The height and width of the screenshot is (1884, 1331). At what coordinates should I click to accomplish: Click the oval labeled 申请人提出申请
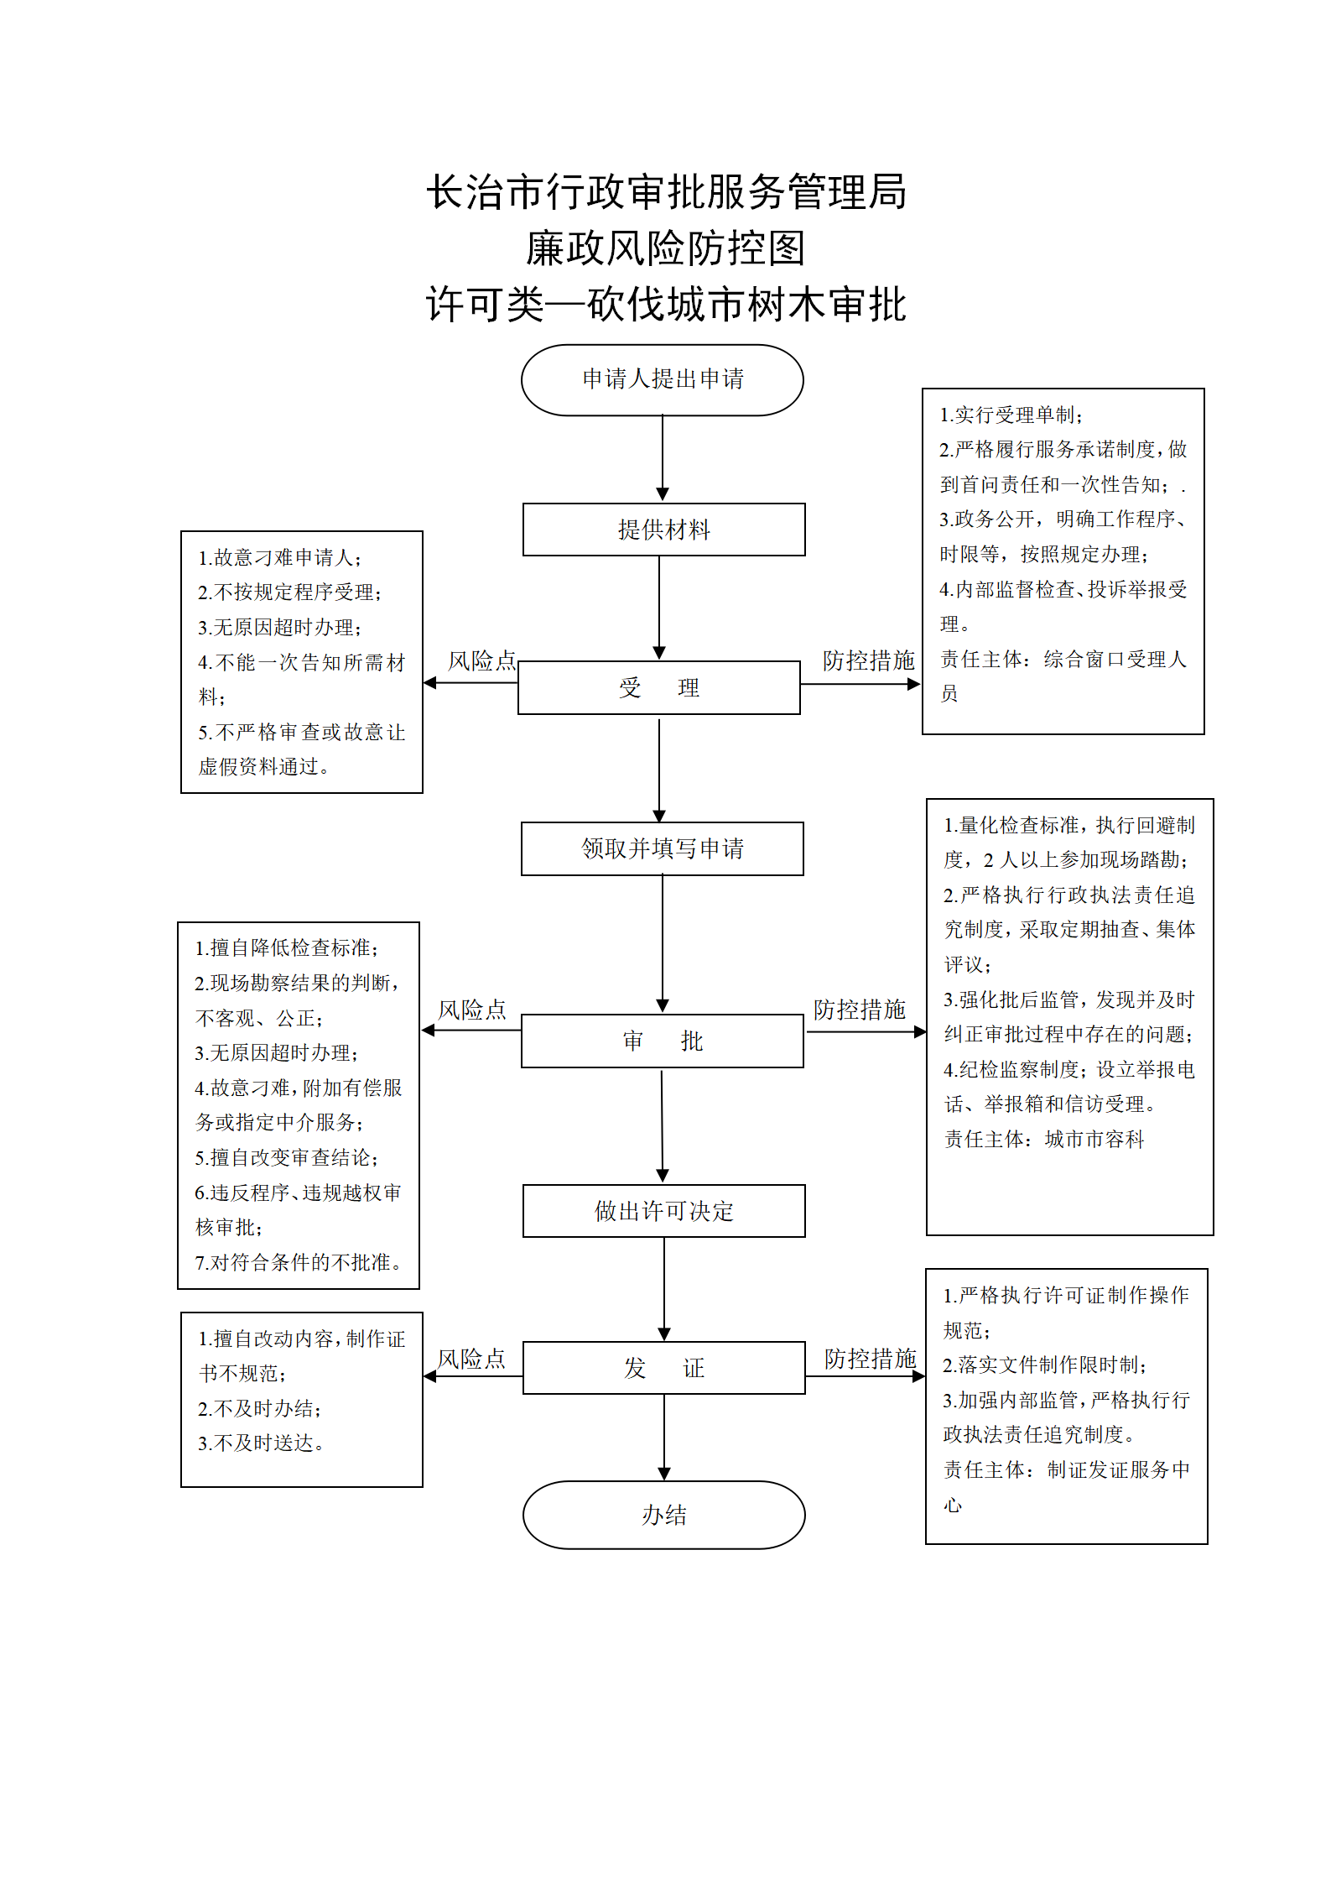coord(663,380)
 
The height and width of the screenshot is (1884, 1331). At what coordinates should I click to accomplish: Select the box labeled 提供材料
coord(664,530)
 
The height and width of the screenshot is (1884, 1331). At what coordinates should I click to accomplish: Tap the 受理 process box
coord(659,687)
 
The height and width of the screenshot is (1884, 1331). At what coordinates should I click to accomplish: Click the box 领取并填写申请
coord(663,848)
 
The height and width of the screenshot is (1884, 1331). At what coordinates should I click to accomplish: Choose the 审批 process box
coord(663,1041)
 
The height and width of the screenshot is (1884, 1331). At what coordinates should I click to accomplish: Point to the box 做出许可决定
coord(664,1211)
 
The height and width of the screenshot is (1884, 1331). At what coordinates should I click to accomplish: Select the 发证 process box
coord(664,1368)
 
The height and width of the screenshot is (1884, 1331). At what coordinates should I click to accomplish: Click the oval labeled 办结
coord(664,1515)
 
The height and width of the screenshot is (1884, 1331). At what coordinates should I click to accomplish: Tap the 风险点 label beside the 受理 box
coord(481,661)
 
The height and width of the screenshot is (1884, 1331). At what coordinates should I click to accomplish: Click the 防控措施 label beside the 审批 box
coord(860,1010)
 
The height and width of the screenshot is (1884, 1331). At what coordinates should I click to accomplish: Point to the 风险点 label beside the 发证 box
coord(471,1359)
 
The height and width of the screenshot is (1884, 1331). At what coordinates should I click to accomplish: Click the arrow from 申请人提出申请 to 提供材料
coord(663,459)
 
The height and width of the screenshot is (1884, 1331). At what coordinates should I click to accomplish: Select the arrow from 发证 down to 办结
coord(664,1438)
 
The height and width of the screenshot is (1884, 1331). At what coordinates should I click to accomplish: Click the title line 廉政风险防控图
coord(666,248)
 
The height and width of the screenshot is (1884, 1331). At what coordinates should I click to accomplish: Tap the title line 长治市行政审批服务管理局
coord(666,192)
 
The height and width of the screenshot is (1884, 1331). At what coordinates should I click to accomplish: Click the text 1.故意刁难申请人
coord(280,557)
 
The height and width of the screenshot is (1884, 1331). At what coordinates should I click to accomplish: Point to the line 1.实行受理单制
coord(1011,415)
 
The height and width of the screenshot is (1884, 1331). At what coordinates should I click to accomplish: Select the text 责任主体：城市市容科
coord(1044,1139)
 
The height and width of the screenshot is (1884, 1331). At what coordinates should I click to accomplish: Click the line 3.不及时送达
coord(262,1443)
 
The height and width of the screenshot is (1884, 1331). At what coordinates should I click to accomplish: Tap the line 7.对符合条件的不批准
coord(299,1262)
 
